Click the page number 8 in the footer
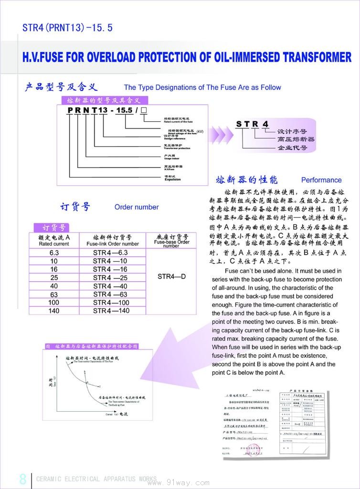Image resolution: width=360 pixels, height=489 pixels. coord(22,479)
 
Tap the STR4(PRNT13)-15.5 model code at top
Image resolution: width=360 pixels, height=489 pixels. coord(67,28)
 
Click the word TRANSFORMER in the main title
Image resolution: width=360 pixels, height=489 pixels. coord(317,58)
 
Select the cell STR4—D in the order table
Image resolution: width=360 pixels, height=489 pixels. coord(172,276)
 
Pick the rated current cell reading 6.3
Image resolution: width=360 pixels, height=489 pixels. coord(54,253)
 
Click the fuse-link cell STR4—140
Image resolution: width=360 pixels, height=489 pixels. coord(111,310)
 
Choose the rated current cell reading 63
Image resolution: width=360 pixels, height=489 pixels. coord(54,294)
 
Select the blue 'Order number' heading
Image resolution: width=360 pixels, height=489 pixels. coord(137,207)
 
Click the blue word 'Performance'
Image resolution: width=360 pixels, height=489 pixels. coord(321,180)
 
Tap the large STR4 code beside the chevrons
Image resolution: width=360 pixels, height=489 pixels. coord(253,124)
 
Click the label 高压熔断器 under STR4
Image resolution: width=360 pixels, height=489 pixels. coord(296,139)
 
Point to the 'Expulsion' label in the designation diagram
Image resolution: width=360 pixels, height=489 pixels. coord(173,180)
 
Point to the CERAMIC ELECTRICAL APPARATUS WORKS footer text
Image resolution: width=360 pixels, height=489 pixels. coord(96,479)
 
